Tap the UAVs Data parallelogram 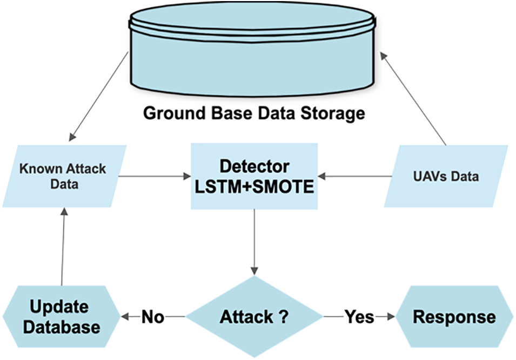(x=446, y=176)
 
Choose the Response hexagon (x=453, y=317)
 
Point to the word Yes (x=360, y=317)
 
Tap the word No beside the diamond (x=153, y=317)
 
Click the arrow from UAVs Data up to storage (x=413, y=97)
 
